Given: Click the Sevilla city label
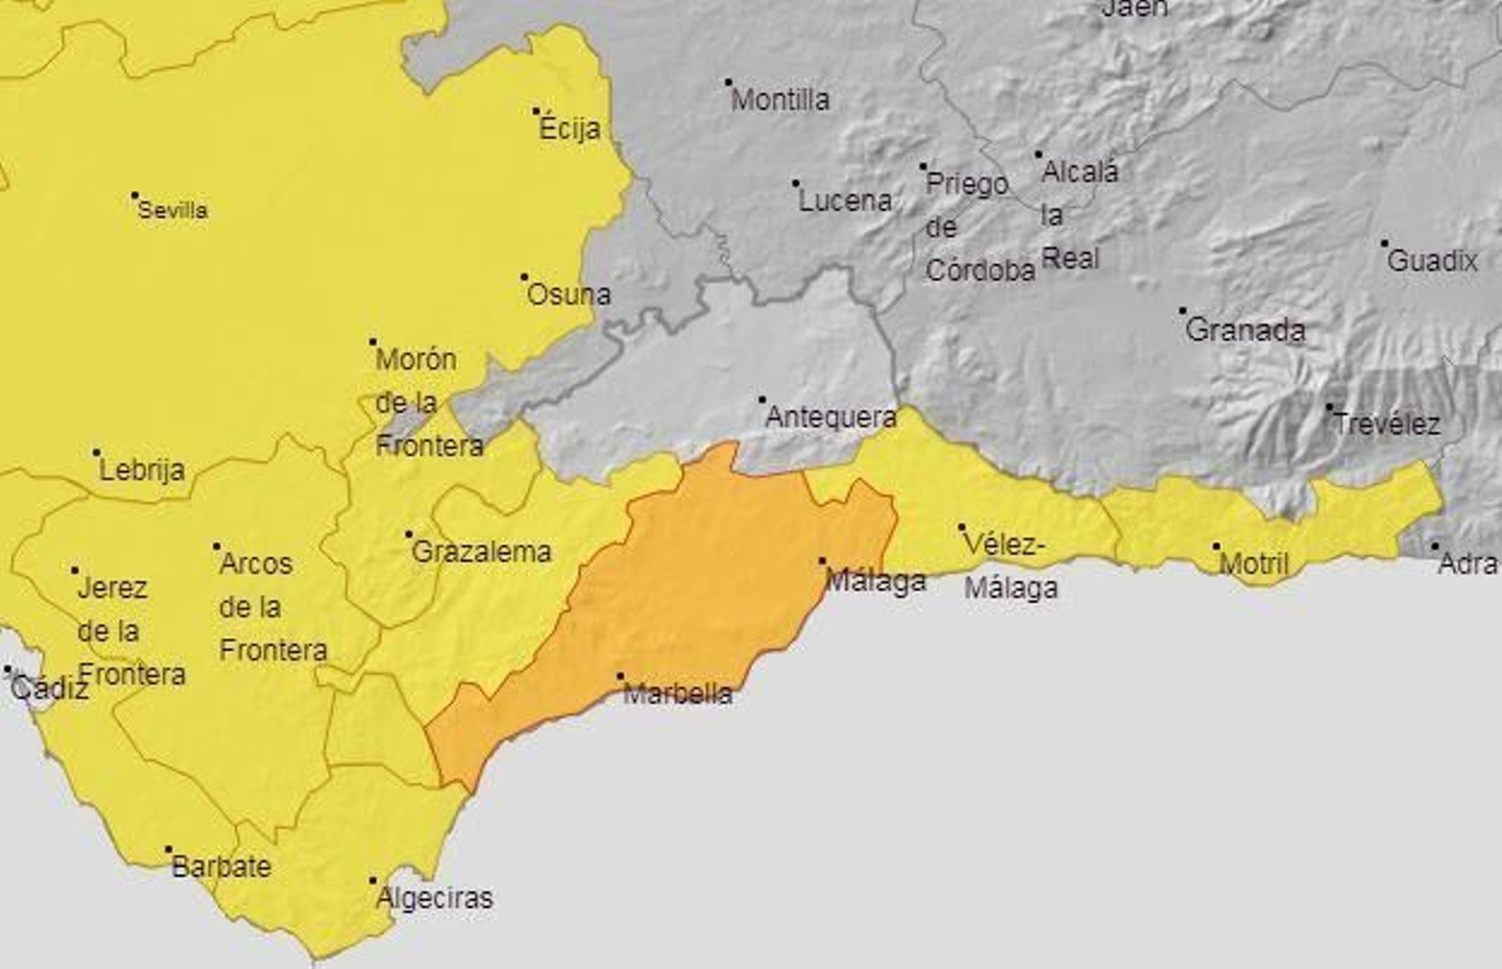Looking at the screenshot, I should click(173, 210).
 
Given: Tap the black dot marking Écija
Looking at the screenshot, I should click(537, 111).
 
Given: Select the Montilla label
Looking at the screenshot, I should click(780, 100).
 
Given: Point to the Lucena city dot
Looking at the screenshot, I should click(796, 184).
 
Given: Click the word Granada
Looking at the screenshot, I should click(1245, 331).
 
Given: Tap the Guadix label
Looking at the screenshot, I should click(1432, 261).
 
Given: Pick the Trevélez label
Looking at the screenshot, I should click(1387, 424).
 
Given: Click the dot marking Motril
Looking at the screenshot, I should click(1217, 546).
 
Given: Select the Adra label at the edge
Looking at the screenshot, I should click(1468, 564).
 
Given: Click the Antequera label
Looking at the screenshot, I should click(831, 417).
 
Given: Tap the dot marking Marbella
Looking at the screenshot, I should click(621, 676).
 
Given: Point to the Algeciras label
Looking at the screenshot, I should click(434, 899).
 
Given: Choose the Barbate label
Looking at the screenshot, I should click(221, 867).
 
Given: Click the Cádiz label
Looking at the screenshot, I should click(50, 689).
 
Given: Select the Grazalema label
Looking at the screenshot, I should click(482, 552).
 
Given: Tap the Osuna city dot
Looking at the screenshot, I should click(525, 277).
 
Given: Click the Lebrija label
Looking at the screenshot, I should click(142, 470).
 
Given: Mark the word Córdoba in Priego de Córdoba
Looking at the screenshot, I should click(980, 270).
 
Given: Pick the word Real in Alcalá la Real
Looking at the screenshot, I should click(1070, 258).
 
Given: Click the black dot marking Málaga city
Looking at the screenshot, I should click(823, 561).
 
